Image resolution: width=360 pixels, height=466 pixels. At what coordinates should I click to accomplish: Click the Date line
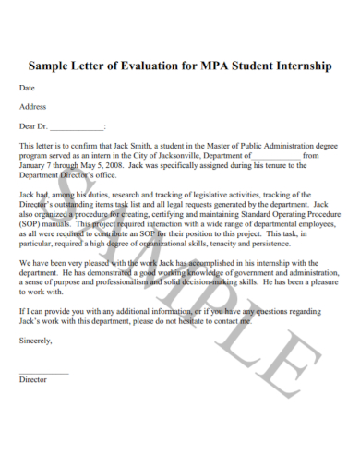point(28,89)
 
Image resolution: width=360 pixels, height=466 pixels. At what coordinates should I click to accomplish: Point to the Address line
point(33,107)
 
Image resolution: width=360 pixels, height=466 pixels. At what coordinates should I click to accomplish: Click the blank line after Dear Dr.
point(77,126)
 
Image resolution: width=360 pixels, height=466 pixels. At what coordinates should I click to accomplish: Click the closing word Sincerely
point(36,340)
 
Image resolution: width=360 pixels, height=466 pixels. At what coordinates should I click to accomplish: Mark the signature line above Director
point(43,372)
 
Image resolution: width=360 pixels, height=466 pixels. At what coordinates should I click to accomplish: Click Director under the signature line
point(33,378)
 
